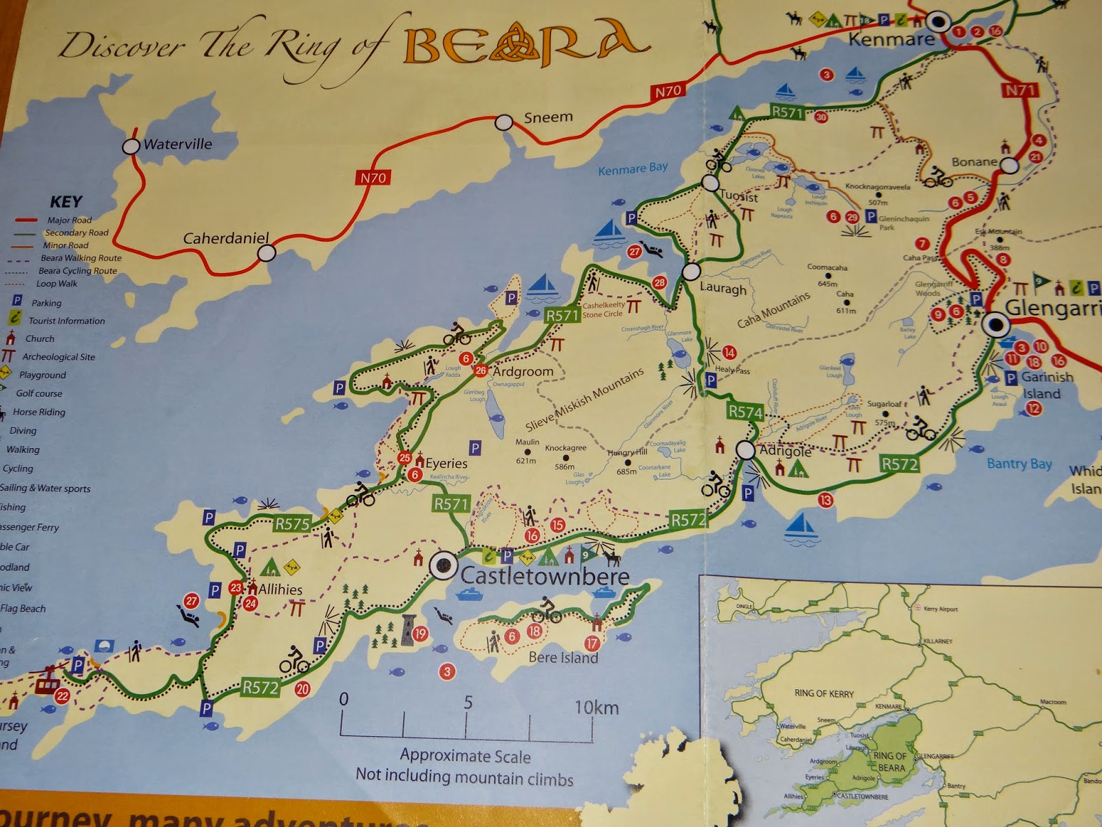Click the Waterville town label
[177, 145]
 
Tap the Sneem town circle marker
[504, 123]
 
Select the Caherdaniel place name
[225, 238]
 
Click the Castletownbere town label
[544, 575]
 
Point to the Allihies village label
[280, 590]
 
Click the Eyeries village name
[446, 463]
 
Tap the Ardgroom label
[523, 371]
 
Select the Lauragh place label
[722, 288]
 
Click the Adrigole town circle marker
[745, 450]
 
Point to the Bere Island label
[563, 657]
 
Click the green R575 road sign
[292, 524]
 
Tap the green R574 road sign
[745, 412]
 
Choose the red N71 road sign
[1020, 90]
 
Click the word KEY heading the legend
[66, 202]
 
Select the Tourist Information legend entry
[67, 320]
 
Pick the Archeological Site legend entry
[59, 357]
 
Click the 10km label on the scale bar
[596, 708]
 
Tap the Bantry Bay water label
[1019, 464]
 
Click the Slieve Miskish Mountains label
[585, 399]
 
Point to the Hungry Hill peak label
[627, 453]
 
